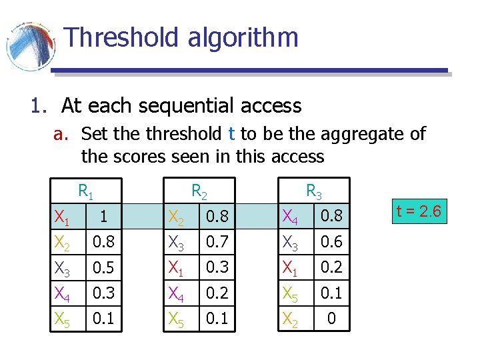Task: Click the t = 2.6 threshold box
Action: (x=419, y=211)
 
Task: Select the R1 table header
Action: (x=86, y=191)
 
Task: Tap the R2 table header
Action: (x=199, y=191)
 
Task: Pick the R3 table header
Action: (x=313, y=191)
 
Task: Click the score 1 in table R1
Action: (x=102, y=216)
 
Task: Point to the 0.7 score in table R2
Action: (x=217, y=241)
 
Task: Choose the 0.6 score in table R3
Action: (x=331, y=241)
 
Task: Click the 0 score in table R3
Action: (x=331, y=319)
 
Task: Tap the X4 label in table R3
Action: (x=291, y=217)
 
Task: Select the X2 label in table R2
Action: (x=177, y=217)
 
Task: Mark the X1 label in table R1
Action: (x=62, y=217)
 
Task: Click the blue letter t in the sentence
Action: (x=231, y=134)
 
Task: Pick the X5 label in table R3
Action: (x=291, y=293)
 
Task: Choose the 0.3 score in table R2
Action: (x=217, y=267)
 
